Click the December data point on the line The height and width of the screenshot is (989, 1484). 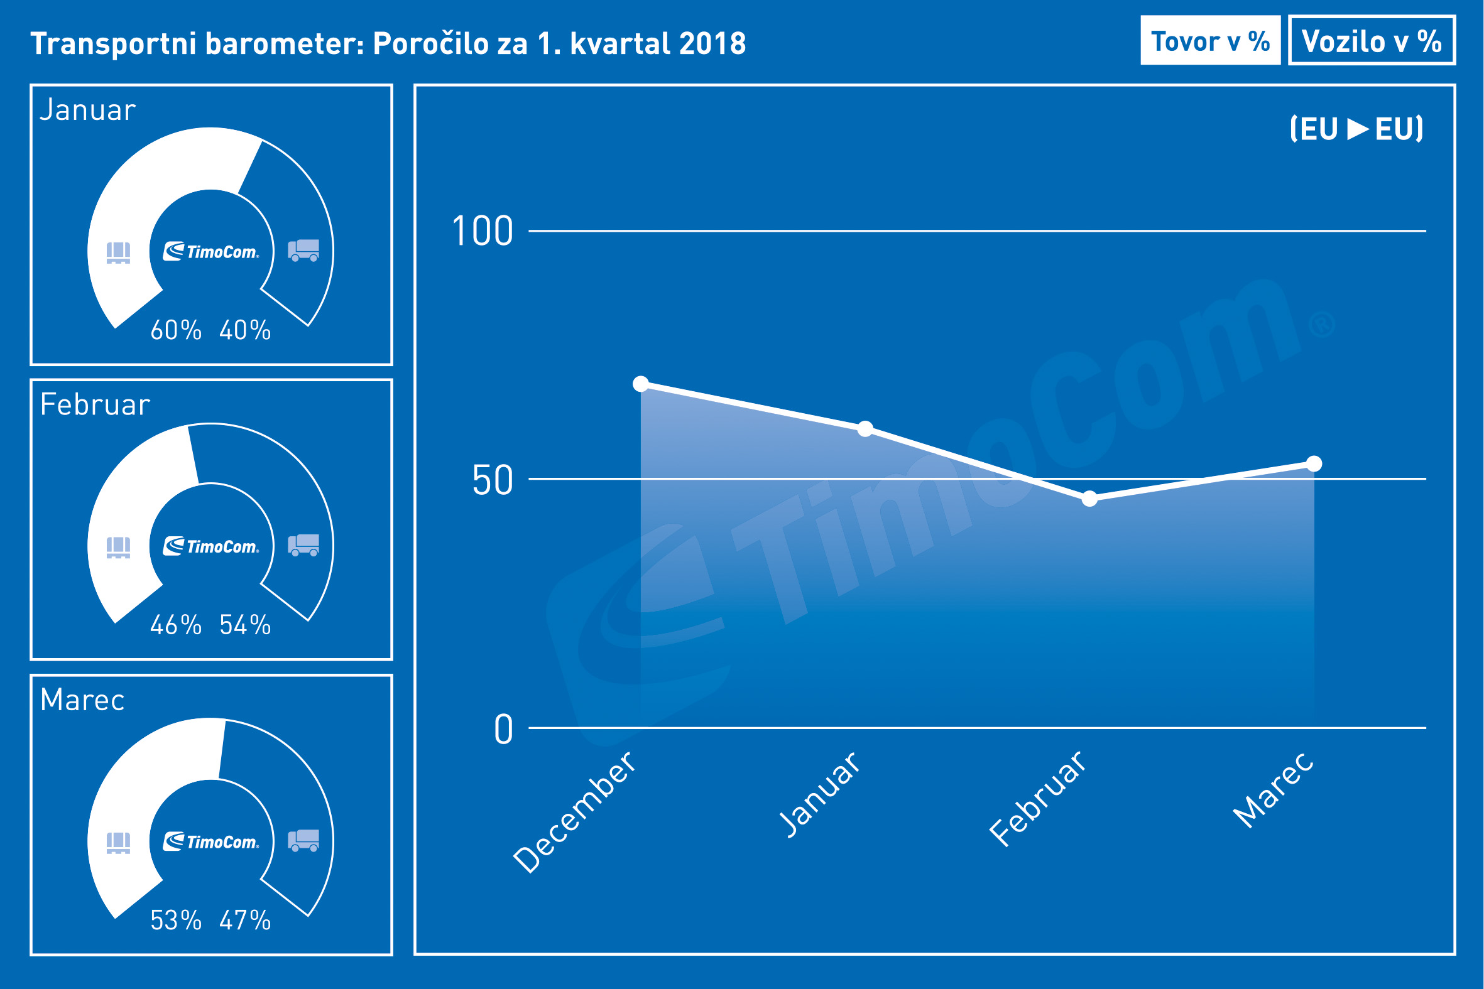[x=641, y=384]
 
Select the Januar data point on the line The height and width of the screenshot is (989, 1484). [x=865, y=429]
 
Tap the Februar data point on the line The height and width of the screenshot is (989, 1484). [x=1089, y=499]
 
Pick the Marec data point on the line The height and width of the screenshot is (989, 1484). [x=1314, y=463]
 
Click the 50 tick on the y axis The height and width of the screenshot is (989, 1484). [x=493, y=480]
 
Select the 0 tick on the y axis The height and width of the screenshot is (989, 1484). [x=503, y=730]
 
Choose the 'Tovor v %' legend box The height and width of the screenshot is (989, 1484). [x=1210, y=41]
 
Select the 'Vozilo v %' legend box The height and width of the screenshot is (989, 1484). [x=1372, y=41]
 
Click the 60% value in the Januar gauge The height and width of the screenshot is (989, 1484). [x=176, y=330]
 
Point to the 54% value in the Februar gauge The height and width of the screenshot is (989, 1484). [x=246, y=625]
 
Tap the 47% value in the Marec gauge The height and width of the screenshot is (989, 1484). [x=246, y=921]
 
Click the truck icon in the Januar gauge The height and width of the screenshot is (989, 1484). [x=303, y=250]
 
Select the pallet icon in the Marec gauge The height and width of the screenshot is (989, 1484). [x=118, y=842]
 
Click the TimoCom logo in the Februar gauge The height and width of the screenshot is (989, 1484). [x=211, y=546]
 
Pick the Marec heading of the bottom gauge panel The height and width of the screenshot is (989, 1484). [x=83, y=700]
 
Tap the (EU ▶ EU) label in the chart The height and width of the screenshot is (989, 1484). [x=1356, y=129]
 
